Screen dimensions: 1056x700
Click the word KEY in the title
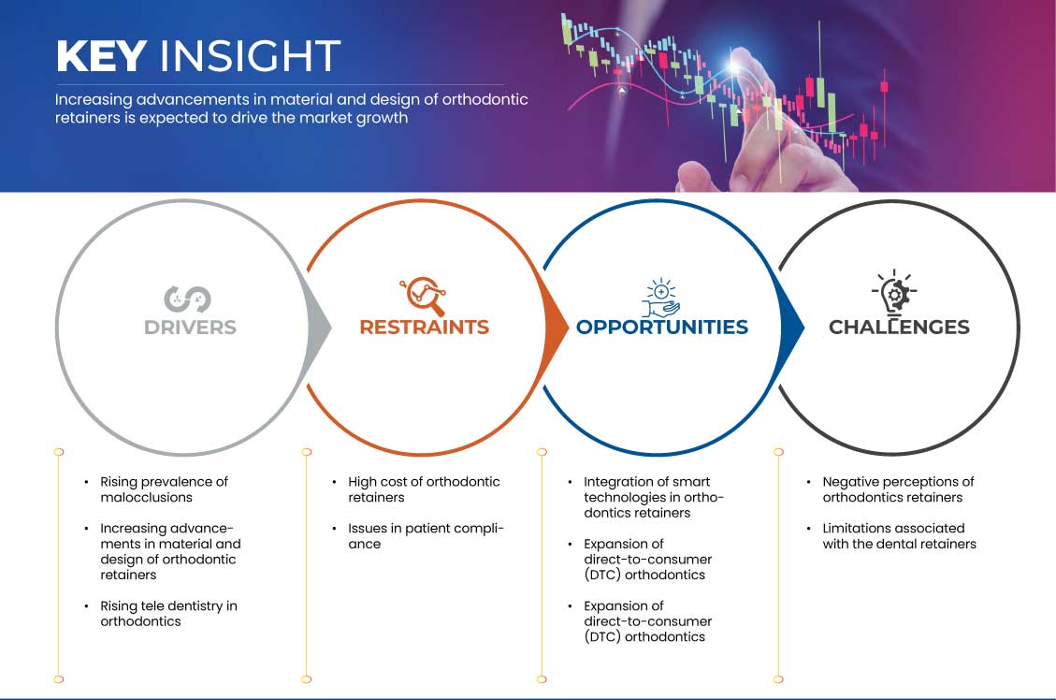coord(102,55)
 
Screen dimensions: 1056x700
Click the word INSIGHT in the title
coord(250,55)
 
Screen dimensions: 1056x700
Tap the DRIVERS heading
coord(190,328)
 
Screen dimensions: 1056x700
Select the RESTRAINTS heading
coord(425,328)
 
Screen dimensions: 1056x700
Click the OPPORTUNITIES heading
coord(662,328)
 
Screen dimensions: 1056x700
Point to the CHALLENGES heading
coord(899,328)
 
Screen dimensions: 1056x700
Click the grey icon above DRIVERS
coord(187,299)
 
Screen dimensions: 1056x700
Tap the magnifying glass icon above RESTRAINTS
coord(423,296)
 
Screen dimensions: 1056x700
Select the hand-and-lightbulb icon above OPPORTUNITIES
coord(660,297)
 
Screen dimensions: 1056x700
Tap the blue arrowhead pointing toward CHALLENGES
coord(792,328)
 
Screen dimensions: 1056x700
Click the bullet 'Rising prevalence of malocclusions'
coord(164,489)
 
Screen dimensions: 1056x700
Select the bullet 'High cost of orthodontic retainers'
coord(424,489)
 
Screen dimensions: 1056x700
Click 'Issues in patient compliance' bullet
coord(426,536)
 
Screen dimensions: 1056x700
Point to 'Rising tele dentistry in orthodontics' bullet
coord(168,614)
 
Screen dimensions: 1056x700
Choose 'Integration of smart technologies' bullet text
coord(653,497)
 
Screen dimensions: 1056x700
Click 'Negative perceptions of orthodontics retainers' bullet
coord(899,489)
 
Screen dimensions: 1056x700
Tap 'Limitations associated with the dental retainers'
coord(899,536)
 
